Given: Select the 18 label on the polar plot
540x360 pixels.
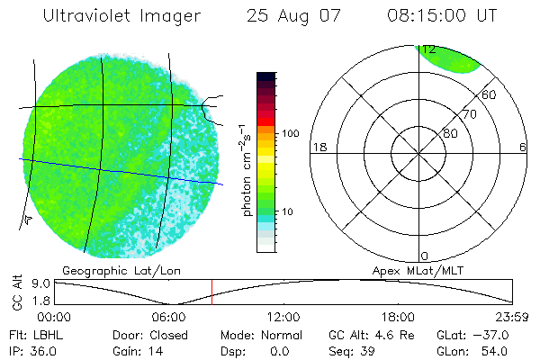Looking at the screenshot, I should tap(319, 147).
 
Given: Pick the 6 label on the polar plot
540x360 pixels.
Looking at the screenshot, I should tap(523, 147).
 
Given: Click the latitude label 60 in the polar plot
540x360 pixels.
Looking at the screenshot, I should tap(489, 94).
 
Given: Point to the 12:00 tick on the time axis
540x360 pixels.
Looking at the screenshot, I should tap(283, 316).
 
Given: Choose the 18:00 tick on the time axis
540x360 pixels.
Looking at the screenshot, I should tap(398, 316).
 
